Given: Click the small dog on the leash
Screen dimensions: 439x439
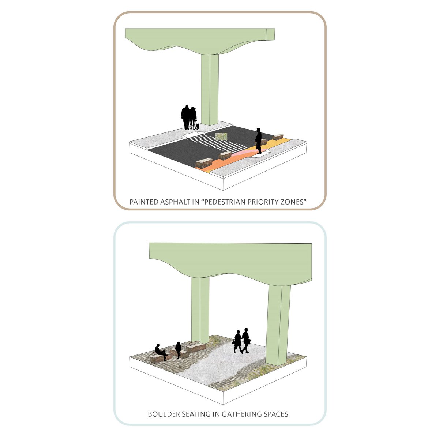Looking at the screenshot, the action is coord(197,127).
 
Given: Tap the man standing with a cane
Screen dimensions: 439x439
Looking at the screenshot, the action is coord(258,141).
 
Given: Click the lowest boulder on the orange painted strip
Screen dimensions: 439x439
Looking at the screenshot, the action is coord(204,163).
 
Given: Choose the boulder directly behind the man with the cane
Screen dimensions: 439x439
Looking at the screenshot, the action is coord(263,142).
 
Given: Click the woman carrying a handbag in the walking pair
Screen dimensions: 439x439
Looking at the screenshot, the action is coord(237,341).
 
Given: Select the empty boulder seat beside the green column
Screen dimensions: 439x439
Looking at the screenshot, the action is coord(196,348).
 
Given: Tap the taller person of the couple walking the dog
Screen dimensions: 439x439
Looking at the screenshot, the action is coord(186,117).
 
